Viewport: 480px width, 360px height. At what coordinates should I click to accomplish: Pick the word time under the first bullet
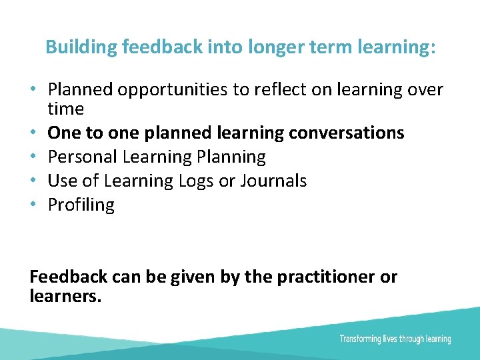coord(65,109)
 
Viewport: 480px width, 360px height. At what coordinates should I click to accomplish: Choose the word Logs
coord(197,181)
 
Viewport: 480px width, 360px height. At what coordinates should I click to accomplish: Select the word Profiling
coord(81,205)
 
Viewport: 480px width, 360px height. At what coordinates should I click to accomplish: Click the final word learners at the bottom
coord(65,296)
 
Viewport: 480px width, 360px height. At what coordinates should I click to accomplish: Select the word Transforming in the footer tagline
coord(360,339)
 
